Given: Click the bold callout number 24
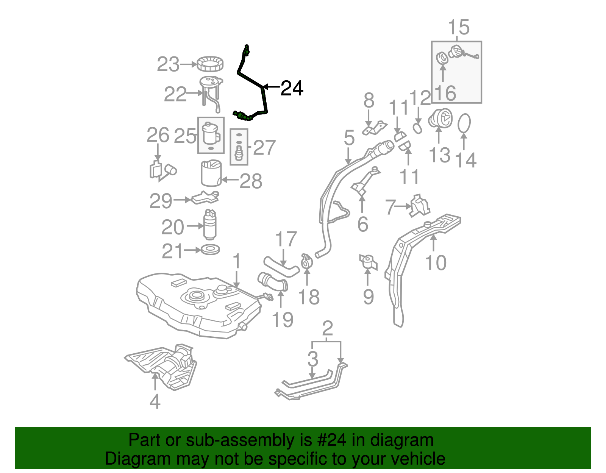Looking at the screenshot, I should [x=292, y=88].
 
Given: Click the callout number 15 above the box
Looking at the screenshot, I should [x=459, y=28].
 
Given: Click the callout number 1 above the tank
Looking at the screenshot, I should [x=237, y=262].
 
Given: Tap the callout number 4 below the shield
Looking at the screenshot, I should [x=155, y=401].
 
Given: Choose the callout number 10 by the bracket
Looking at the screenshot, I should [x=436, y=262].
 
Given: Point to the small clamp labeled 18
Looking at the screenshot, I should [x=306, y=261].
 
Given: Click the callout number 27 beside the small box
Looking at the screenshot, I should [x=264, y=147].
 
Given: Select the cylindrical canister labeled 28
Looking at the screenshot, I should [x=211, y=174].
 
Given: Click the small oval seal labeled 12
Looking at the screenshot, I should [x=417, y=128].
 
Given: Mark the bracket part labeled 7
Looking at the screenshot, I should [x=420, y=206].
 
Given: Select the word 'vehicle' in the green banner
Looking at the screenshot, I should [x=418, y=459].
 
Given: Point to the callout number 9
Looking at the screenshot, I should [x=368, y=297].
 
